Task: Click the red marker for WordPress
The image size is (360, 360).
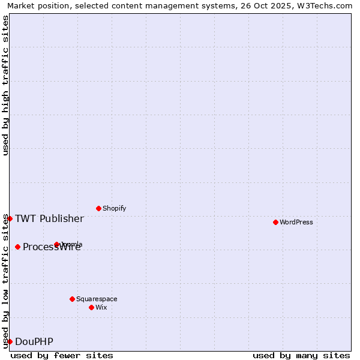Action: (275, 222)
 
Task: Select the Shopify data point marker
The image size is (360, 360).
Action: (98, 208)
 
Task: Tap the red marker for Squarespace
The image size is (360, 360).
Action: (72, 299)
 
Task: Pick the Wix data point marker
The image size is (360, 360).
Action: (91, 307)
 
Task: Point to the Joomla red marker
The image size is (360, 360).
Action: (57, 244)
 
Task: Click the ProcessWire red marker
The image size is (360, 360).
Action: (17, 247)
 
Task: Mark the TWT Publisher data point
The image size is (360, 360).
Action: (10, 218)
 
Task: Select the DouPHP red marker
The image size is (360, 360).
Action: (10, 341)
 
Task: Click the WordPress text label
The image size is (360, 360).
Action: (296, 223)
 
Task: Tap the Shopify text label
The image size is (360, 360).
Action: (114, 209)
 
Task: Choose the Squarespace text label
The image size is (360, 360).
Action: (97, 299)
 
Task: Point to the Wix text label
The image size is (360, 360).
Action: (101, 308)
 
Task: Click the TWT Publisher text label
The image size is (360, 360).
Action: (49, 218)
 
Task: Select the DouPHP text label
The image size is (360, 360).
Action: (34, 342)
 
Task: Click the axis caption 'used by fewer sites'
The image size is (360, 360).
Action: (62, 355)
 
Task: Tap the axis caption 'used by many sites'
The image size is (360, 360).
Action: (301, 355)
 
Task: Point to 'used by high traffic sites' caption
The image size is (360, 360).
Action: (5, 85)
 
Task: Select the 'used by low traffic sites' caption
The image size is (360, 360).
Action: (5, 281)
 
